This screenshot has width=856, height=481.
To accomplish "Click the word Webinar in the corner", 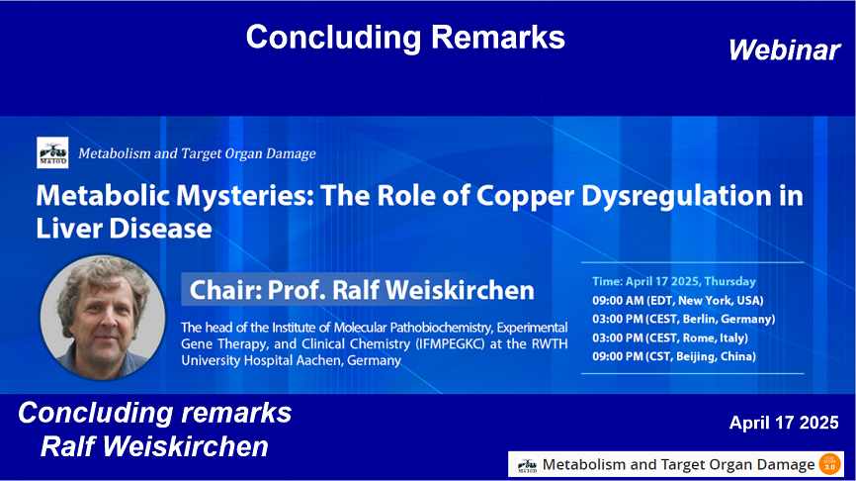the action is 785,50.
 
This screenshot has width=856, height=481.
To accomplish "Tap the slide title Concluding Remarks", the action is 405,38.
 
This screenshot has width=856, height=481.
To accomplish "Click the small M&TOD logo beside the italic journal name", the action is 52,152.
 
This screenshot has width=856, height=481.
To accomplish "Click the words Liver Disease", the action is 124,228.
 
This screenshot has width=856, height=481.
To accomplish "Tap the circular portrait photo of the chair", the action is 103,318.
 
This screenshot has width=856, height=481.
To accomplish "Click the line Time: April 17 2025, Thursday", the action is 674,281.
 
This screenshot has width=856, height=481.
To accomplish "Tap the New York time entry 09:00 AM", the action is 618,301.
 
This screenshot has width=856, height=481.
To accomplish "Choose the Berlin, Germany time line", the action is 683,320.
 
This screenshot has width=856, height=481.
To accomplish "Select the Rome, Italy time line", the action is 670,337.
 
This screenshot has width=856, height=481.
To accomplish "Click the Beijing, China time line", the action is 674,356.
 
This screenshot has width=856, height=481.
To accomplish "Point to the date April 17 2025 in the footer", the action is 784,423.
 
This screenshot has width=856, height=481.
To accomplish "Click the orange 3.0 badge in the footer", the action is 829,464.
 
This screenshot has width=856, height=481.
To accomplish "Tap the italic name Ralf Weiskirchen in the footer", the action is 154,446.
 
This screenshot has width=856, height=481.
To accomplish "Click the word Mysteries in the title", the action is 245,196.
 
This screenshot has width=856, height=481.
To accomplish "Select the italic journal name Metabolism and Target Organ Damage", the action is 197,153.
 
